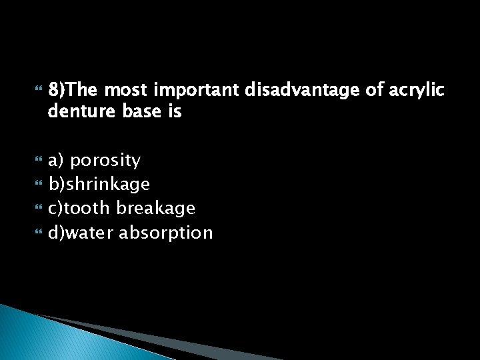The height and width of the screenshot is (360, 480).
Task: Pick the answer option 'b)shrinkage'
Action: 99,185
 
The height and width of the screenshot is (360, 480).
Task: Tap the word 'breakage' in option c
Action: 156,209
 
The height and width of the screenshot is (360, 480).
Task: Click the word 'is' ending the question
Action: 175,112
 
